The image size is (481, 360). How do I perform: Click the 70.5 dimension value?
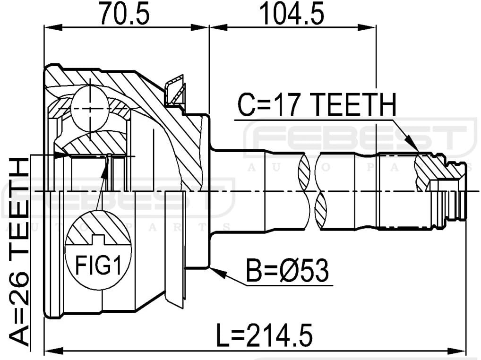click(124, 14)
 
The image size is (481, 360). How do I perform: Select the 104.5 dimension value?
click(292, 14)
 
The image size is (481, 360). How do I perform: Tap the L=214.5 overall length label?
click(265, 336)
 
